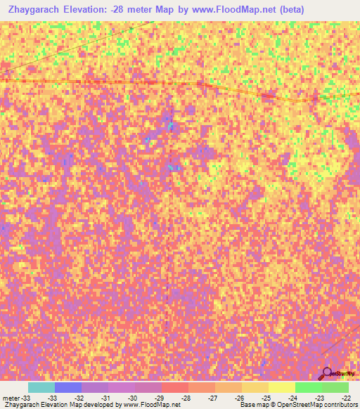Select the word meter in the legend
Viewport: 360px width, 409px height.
12,397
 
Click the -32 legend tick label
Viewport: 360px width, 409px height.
79,397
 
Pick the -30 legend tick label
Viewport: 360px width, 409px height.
132,397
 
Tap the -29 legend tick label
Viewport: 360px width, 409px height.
159,397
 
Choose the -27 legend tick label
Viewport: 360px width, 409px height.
212,397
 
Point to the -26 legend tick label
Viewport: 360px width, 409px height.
239,397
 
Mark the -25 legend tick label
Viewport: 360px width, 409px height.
266,397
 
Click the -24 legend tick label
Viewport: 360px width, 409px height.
292,397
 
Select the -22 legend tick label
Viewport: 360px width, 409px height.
345,397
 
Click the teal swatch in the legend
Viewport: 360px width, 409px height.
41,387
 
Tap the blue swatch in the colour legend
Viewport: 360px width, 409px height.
68,387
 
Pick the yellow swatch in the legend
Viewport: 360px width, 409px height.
281,387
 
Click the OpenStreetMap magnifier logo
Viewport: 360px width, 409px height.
328,373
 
